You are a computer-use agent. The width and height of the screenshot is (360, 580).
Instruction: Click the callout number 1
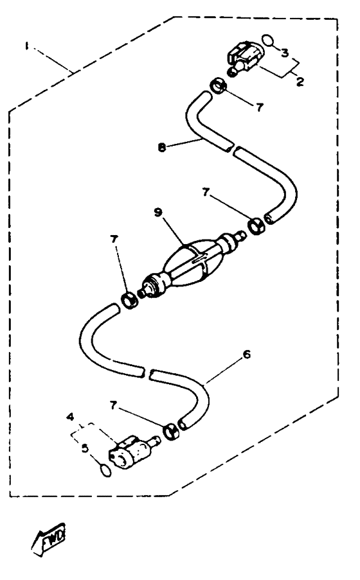pyautogui.click(x=26, y=46)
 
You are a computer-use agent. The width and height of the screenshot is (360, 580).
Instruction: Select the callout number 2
pyautogui.click(x=300, y=82)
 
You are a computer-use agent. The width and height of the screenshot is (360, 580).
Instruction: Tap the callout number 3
pyautogui.click(x=284, y=53)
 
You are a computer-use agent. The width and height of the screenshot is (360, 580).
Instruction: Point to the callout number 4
pyautogui.click(x=70, y=417)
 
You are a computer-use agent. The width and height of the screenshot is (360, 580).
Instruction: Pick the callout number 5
pyautogui.click(x=85, y=448)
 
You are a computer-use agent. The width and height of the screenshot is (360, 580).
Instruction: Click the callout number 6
pyautogui.click(x=247, y=355)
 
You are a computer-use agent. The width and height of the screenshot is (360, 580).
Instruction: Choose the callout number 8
pyautogui.click(x=161, y=148)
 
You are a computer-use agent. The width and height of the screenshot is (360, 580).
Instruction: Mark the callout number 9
pyautogui.click(x=158, y=213)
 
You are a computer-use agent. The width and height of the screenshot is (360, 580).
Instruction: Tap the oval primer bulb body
pyautogui.click(x=190, y=263)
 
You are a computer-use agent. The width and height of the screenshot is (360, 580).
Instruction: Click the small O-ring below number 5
pyautogui.click(x=105, y=471)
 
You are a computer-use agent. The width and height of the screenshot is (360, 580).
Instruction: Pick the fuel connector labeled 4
pyautogui.click(x=132, y=452)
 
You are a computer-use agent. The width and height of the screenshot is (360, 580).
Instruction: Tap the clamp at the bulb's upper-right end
pyautogui.click(x=256, y=226)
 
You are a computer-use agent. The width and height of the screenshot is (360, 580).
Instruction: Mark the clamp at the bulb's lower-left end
pyautogui.click(x=130, y=300)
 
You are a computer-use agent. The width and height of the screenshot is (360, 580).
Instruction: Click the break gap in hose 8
pyautogui.click(x=233, y=149)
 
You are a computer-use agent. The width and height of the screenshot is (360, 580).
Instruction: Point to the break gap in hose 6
pyautogui.click(x=145, y=373)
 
